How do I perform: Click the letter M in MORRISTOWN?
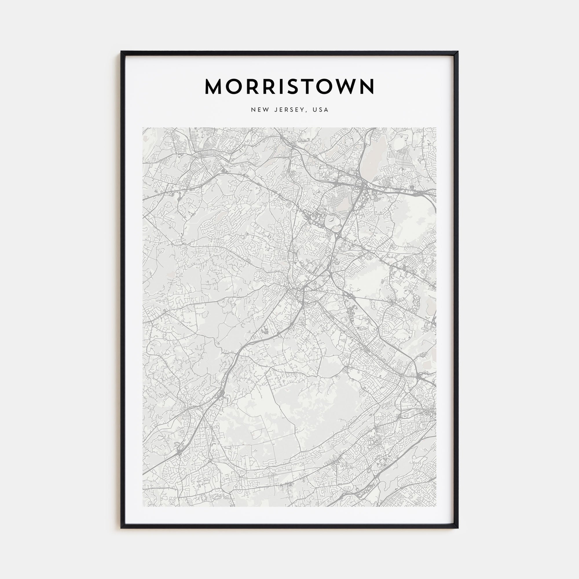[213, 87]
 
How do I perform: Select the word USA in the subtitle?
[320, 110]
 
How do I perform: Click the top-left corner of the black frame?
[121, 52]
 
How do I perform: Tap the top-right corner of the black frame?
[458, 52]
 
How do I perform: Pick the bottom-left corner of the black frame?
[121, 528]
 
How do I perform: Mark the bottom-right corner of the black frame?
[458, 528]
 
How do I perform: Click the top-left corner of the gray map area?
[143, 128]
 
